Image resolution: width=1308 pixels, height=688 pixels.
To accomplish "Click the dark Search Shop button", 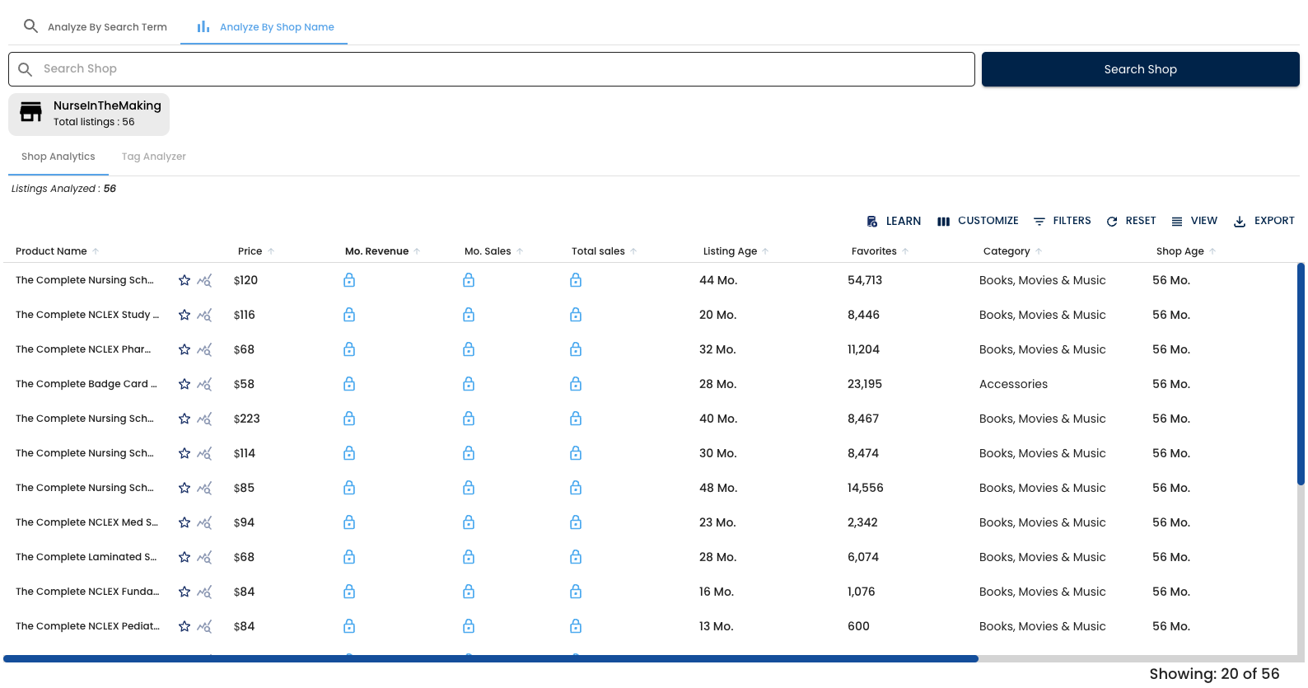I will point(1140,69).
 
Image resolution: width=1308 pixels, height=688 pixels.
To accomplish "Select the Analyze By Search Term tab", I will point(96,27).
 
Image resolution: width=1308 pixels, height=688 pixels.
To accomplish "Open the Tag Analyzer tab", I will point(153,157).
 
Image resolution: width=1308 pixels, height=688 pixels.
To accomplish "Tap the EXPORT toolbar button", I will point(1264,221).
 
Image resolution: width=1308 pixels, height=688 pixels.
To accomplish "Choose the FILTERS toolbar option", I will point(1063,221).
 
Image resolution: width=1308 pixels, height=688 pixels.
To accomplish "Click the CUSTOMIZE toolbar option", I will point(978,221).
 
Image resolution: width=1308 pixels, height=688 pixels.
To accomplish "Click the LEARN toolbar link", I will point(894,221).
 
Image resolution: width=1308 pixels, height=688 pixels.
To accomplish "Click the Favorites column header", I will point(874,251).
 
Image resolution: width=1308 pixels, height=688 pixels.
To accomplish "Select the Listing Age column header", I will point(730,251).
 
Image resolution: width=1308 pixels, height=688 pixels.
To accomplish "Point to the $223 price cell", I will point(246,419).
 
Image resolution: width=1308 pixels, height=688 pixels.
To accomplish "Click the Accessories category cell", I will point(1013,384).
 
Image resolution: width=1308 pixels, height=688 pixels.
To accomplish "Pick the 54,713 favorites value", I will point(865,280).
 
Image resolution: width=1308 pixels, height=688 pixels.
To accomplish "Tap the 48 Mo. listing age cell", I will point(718,488).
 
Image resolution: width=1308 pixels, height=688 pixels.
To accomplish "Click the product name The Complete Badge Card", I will point(86,384).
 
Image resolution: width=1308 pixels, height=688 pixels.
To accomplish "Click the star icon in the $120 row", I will point(185,280).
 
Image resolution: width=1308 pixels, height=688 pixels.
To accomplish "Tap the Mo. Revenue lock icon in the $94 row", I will point(349,522).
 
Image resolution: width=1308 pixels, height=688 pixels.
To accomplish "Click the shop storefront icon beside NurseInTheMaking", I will point(31,112).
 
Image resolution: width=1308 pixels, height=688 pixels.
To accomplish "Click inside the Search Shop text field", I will point(494,69).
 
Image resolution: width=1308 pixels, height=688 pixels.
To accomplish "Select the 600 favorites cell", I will point(858,626).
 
